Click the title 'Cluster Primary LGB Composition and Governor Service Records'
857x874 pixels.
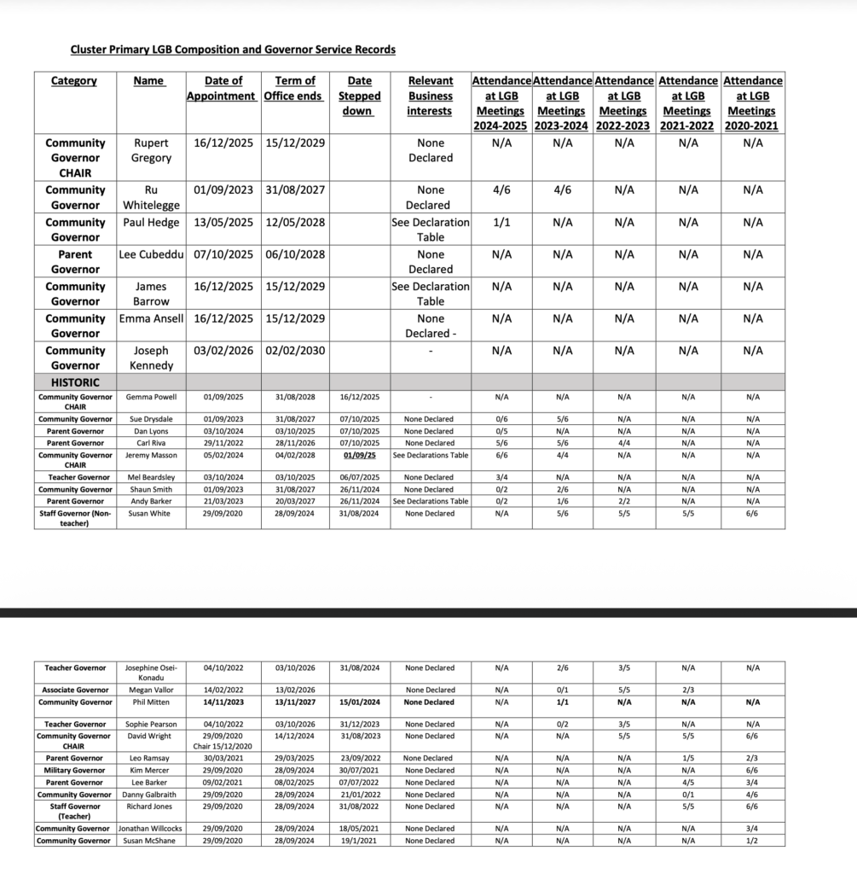233,50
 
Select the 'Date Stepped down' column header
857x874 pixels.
359,96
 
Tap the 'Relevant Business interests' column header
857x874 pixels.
430,96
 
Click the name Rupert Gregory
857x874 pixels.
151,150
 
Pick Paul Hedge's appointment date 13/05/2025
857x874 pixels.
223,223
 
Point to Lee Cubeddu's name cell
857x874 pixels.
152,254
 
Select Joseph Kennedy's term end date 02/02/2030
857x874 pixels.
294,351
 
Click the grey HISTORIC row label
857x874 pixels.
75,383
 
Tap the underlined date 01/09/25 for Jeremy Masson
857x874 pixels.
359,455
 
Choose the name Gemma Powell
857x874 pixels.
151,397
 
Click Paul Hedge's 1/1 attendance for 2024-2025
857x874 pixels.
501,223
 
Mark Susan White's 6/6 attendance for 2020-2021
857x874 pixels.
752,514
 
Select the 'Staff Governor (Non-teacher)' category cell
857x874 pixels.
75,518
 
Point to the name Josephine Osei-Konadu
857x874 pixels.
151,673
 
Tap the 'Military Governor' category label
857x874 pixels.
75,771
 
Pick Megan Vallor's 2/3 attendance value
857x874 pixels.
688,690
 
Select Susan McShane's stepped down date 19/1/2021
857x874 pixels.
359,841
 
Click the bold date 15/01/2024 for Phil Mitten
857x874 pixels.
359,702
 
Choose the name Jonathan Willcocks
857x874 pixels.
151,829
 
